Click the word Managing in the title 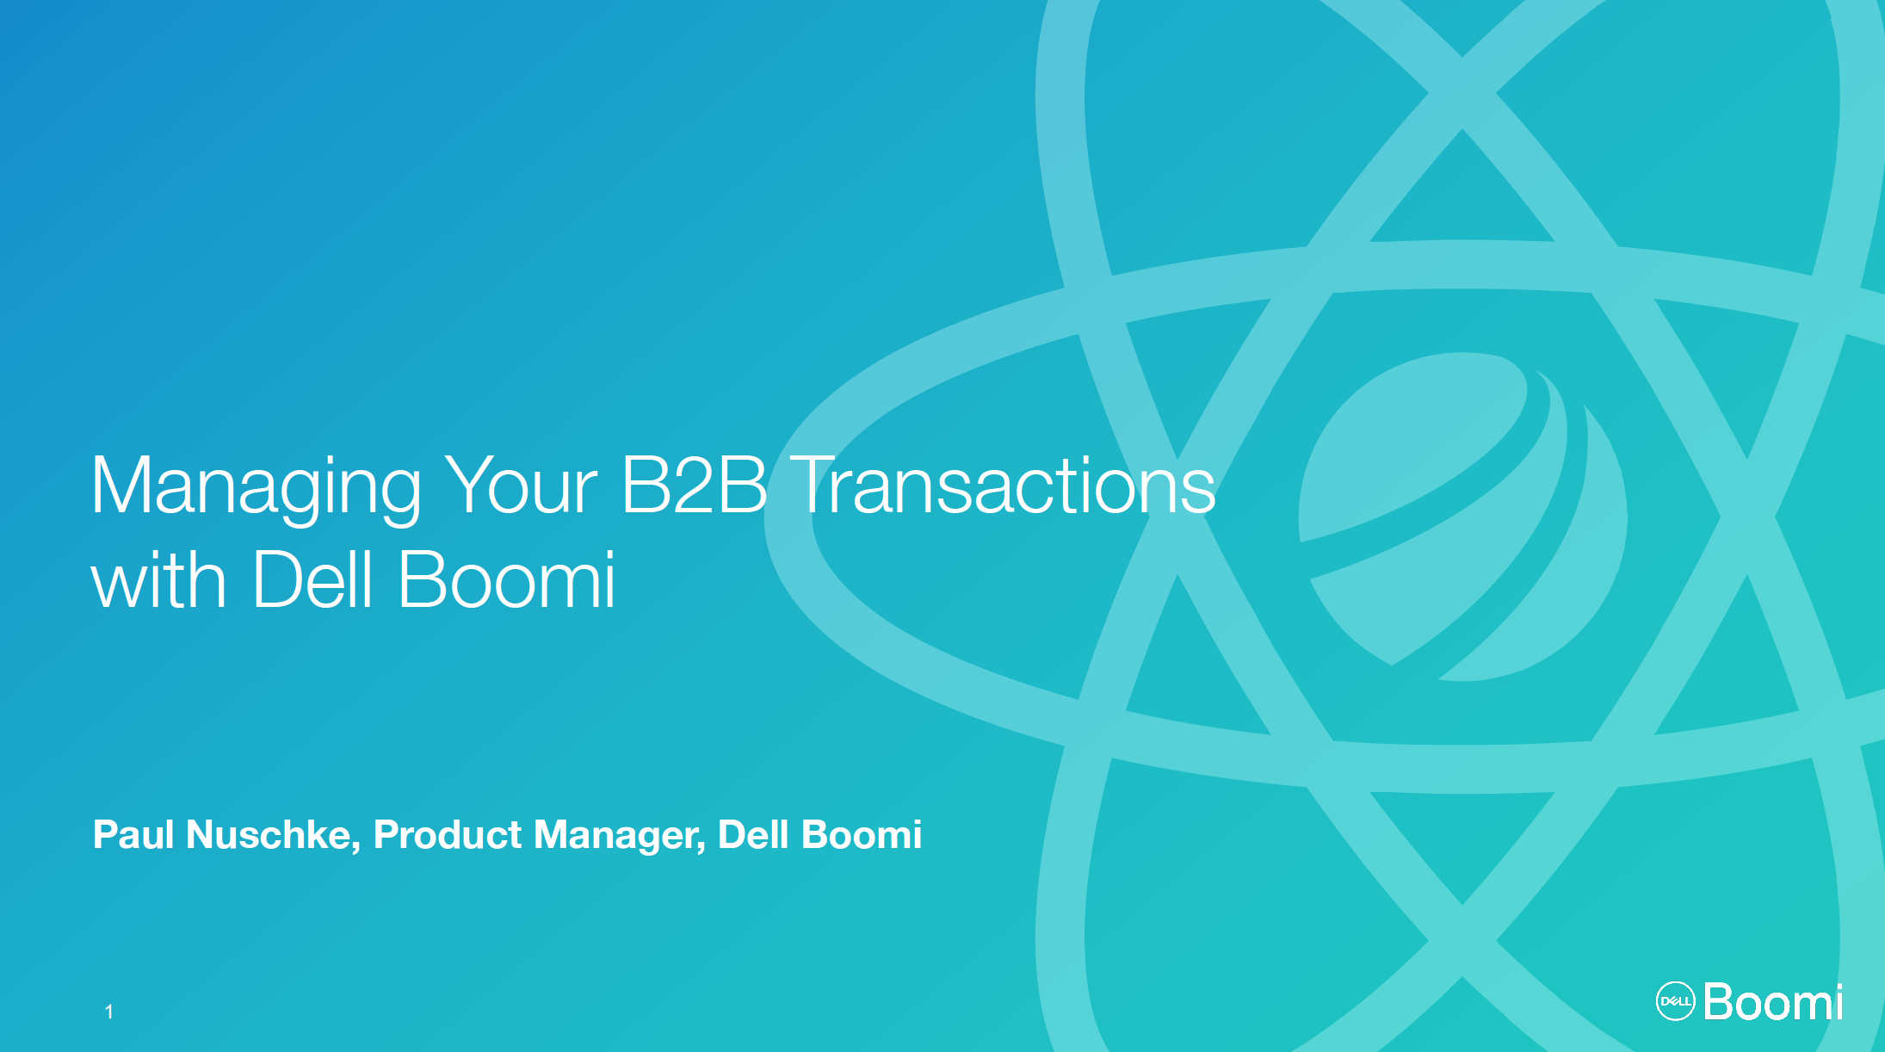[256, 488]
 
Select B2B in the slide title [694, 485]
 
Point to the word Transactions [1003, 485]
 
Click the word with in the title [159, 579]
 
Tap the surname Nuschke [269, 834]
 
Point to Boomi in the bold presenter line [862, 834]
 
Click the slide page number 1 [109, 1012]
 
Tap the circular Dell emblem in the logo [1675, 1001]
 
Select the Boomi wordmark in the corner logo [1773, 1002]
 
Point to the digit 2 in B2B [694, 485]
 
